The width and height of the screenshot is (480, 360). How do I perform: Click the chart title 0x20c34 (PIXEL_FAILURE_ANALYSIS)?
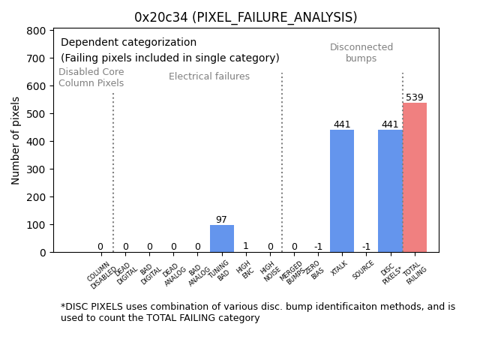tap(245, 17)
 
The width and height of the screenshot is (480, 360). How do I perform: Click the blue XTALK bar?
tap(342, 191)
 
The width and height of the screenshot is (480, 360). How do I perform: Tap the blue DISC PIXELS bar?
tap(390, 191)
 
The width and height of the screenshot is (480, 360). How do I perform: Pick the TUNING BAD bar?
tap(222, 238)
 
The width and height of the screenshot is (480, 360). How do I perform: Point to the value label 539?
tap(415, 97)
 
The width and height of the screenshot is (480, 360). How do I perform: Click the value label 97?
tap(221, 220)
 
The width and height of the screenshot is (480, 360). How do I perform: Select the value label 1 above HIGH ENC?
tap(245, 246)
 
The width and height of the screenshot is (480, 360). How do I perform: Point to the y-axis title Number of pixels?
tap(16, 140)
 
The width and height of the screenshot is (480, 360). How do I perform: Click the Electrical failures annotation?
tap(209, 76)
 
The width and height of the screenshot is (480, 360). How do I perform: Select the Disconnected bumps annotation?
tap(361, 52)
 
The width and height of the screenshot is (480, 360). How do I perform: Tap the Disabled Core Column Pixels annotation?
tap(91, 77)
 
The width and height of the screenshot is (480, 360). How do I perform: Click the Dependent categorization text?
tap(128, 43)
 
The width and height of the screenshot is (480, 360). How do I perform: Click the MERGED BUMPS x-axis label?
tap(292, 272)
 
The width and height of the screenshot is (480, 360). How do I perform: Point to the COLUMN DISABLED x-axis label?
tap(101, 274)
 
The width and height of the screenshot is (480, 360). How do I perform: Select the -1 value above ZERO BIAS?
tap(318, 247)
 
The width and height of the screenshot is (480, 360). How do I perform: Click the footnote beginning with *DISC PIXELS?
tap(257, 312)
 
